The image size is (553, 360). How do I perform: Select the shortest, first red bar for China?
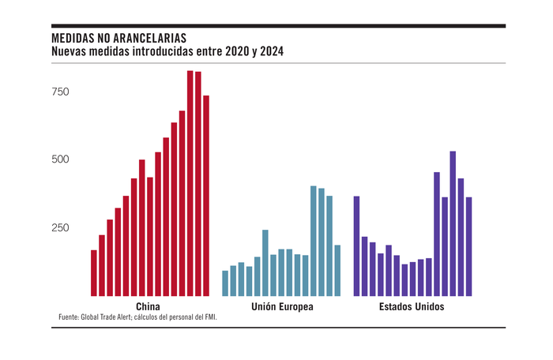tap(94, 272)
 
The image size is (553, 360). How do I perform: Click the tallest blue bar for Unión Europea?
tap(314, 241)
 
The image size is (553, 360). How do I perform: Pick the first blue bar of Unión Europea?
tap(225, 283)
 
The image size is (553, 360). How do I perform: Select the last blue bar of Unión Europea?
tap(337, 270)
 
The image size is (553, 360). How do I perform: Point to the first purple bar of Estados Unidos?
tap(356, 246)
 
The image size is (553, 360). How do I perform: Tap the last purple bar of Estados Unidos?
tap(468, 246)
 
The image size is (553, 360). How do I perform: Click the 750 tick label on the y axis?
tap(60, 92)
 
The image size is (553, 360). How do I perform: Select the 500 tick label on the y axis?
tap(60, 159)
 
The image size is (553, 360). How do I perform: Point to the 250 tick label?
tap(60, 227)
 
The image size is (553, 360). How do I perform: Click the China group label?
tap(149, 306)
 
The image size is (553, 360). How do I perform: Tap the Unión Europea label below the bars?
tap(282, 306)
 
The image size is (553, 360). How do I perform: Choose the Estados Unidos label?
tap(411, 306)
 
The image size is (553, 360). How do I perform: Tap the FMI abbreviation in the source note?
tap(209, 317)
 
